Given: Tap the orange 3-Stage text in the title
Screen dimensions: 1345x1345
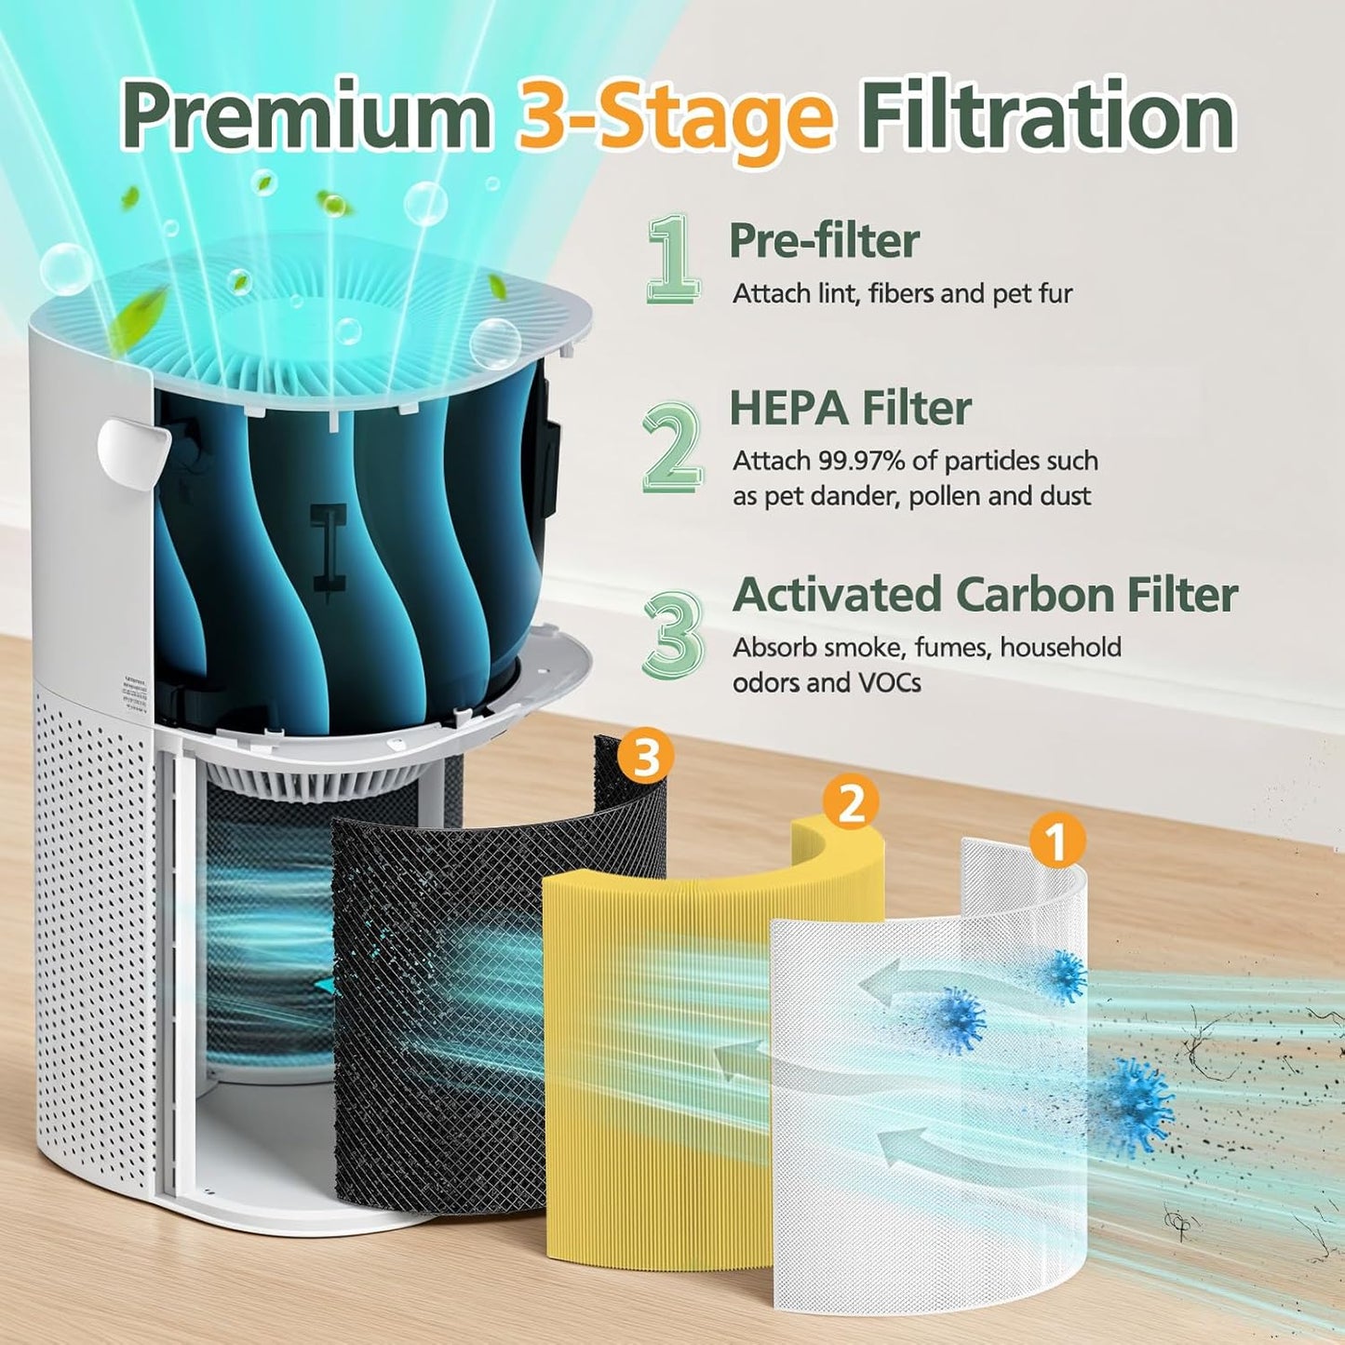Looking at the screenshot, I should point(675,117).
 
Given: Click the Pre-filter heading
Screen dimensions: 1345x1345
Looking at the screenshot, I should point(824,240).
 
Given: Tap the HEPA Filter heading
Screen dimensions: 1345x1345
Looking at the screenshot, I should point(850,408).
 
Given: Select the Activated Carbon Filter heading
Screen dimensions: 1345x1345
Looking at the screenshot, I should point(985,595).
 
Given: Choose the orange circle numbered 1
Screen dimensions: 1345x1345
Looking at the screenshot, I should point(1057,841).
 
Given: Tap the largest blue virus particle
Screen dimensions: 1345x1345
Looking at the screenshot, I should point(1134,1107).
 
